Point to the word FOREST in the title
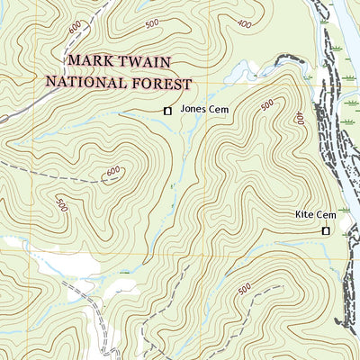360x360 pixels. click(x=165, y=83)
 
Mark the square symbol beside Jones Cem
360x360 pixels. click(x=166, y=111)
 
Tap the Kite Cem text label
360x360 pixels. click(x=315, y=215)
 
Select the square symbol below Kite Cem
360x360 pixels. click(x=326, y=231)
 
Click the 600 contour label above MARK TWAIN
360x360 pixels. click(x=72, y=30)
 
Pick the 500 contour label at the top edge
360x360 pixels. click(x=151, y=22)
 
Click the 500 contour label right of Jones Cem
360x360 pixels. click(x=267, y=106)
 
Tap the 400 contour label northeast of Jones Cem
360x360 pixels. click(x=299, y=118)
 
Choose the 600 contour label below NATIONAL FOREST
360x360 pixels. click(x=112, y=171)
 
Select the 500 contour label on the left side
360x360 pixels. click(x=61, y=204)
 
